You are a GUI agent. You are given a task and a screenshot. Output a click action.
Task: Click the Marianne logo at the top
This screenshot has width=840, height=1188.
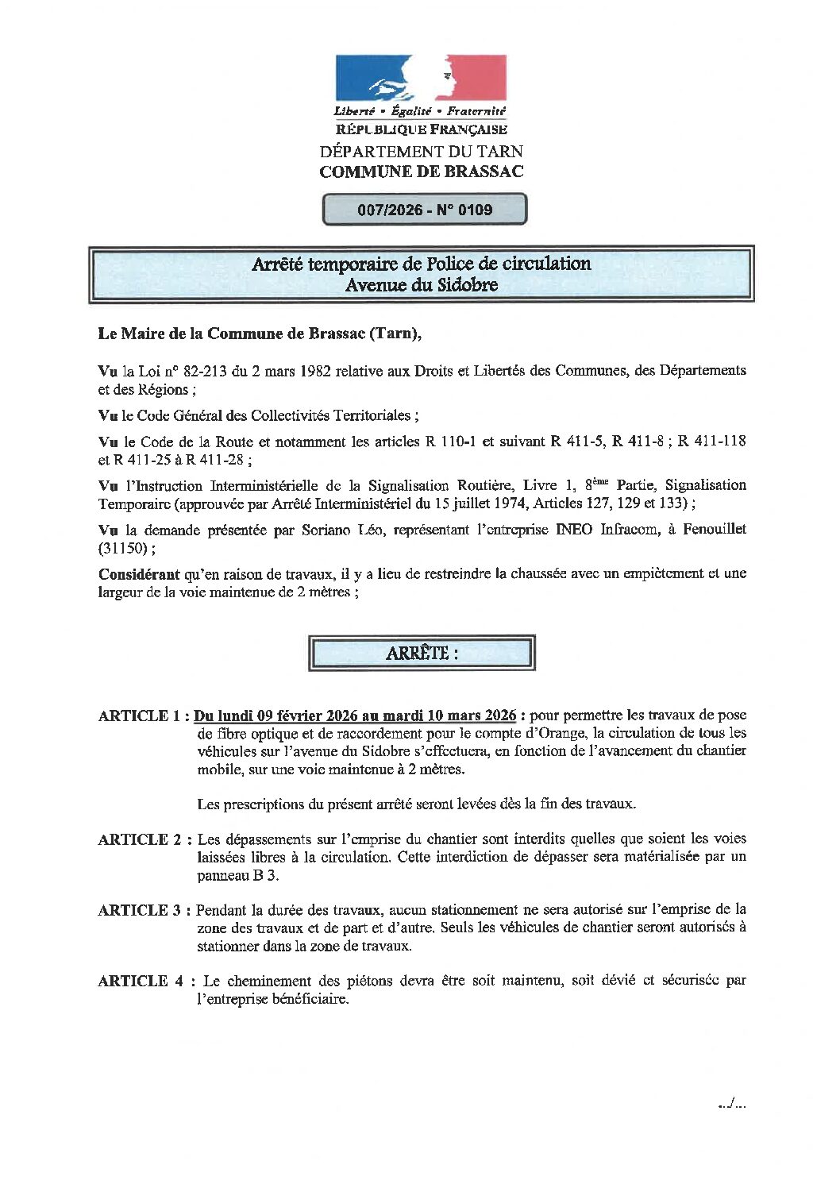pos(421,78)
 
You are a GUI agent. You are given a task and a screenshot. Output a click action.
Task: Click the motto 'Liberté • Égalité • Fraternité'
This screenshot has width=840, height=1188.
pos(420,112)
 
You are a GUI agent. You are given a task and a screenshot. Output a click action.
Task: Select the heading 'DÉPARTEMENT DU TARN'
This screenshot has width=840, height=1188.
pos(422,151)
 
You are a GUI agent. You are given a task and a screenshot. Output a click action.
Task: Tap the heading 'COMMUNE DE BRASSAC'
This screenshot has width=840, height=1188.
pos(422,172)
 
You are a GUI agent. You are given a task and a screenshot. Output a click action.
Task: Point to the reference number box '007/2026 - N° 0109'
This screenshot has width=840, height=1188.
pos(425,210)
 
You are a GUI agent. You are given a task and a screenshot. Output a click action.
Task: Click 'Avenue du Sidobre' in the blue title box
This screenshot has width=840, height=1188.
pos(422,285)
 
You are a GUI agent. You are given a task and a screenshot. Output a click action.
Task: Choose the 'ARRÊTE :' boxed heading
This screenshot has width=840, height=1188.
pos(422,654)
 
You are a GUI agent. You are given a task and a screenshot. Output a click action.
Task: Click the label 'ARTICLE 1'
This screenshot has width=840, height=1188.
pos(141,715)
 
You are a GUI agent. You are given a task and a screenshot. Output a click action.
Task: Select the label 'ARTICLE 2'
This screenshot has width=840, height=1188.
pos(141,839)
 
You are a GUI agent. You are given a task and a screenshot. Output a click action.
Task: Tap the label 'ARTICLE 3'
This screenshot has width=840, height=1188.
pos(141,910)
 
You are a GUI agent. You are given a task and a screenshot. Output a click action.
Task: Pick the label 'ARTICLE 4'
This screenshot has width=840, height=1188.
pos(141,981)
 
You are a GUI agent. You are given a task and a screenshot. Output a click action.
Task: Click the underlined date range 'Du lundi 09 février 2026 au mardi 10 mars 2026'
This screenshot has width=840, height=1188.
pos(355,715)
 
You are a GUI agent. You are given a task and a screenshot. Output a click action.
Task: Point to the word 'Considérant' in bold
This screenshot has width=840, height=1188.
pos(139,573)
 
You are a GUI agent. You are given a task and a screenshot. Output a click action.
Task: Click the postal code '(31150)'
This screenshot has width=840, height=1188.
pos(121,548)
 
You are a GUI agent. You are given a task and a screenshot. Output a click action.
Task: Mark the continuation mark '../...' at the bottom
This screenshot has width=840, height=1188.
pos(731,1102)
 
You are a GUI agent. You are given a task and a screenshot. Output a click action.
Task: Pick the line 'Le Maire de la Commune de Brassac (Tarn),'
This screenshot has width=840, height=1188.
pos(260,334)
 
